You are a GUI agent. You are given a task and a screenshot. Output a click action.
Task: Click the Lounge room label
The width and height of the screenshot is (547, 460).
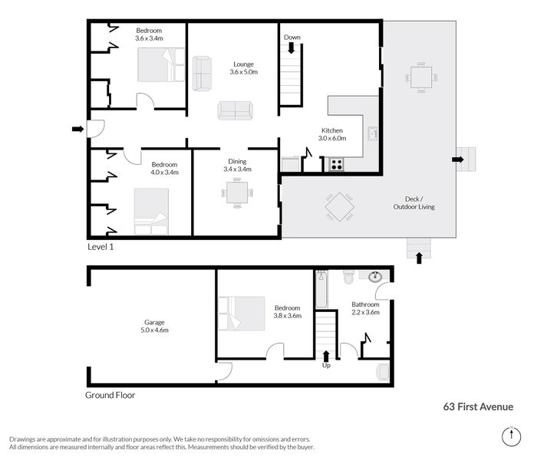coord(244,64)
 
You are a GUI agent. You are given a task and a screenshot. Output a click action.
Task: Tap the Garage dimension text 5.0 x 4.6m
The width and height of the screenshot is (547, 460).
coord(153,330)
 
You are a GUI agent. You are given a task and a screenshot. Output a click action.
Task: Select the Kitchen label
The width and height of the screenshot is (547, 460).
coord(331,130)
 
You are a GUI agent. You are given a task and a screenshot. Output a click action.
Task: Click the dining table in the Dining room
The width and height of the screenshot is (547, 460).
coord(238,192)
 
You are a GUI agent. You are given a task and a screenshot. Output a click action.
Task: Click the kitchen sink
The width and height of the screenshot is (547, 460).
coord(372,135)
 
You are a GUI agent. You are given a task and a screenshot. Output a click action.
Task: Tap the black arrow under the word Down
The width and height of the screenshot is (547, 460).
coord(292,48)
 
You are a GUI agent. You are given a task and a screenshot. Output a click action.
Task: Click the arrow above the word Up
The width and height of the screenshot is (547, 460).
coord(327,355)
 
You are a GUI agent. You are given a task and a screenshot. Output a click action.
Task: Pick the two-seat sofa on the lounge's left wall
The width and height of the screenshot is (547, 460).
coord(202,71)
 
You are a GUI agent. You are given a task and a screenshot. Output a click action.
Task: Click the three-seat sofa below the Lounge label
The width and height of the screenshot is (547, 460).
coord(235,110)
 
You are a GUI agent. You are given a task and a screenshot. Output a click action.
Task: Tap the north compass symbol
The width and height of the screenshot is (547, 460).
coord(509,436)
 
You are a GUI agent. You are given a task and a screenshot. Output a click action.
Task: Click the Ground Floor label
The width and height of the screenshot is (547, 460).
coord(110,396)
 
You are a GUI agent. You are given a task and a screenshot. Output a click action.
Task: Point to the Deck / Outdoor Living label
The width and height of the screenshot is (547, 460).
coord(415,202)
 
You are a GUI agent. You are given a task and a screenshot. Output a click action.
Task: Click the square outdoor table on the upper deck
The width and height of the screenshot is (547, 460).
coord(421,77)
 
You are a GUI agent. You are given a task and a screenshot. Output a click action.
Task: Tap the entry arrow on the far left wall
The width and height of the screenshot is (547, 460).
coord(77,130)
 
